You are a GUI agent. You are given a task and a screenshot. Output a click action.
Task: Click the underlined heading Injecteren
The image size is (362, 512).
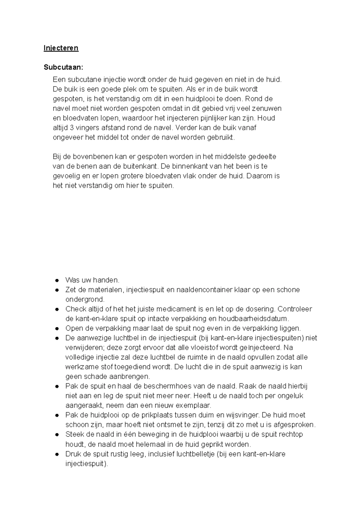pos(61,48)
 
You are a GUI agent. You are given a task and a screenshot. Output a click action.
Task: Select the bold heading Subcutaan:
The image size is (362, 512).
pos(63,67)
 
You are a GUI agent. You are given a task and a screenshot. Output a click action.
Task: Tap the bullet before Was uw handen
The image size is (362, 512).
pos(57,280)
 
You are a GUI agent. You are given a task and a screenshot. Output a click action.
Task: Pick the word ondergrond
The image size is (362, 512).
pos(85,300)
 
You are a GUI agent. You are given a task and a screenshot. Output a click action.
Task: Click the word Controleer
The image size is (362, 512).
pos(294,309)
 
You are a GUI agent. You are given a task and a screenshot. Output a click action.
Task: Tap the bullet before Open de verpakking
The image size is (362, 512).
pos(57,329)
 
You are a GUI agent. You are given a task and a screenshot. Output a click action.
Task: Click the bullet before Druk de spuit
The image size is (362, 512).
pos(57,454)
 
